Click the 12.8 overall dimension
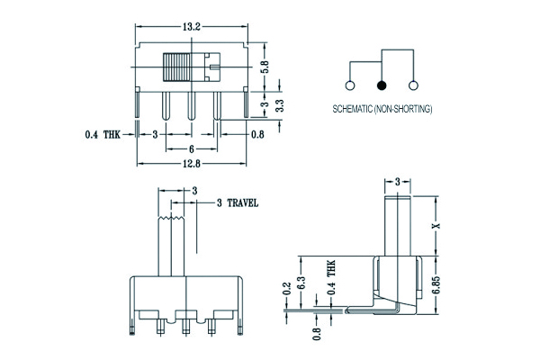(x=190, y=163)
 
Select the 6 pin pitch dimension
(x=192, y=148)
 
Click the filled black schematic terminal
(x=382, y=85)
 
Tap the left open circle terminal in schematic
(x=349, y=85)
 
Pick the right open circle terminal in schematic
(x=414, y=85)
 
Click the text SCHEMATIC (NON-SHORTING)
(x=382, y=109)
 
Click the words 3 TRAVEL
(x=238, y=203)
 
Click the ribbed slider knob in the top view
(x=180, y=70)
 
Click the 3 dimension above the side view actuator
(x=397, y=182)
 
